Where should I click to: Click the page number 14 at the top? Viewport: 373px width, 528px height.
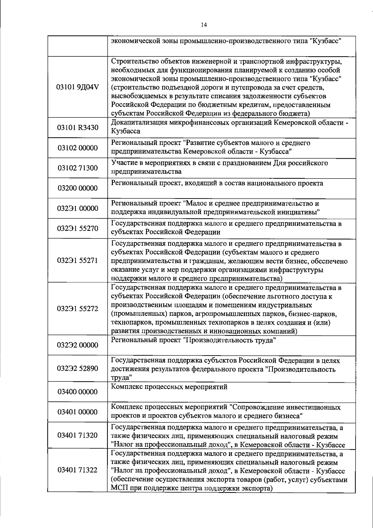coord(204,25)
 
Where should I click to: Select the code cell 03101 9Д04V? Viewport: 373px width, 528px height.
coord(77,87)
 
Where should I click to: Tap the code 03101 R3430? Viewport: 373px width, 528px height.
coord(77,128)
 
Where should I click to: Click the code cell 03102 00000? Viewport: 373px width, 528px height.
coord(77,148)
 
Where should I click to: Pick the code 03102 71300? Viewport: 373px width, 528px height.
coord(77,168)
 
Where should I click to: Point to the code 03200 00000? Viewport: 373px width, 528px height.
coord(77,188)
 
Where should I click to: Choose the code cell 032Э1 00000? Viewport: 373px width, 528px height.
coord(77,208)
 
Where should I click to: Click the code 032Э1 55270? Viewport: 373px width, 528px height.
coord(77,229)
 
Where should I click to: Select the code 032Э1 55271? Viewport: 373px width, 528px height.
coord(77,260)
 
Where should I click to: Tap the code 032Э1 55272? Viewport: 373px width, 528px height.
coord(77,309)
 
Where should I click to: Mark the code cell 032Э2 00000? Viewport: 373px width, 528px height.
coord(77,345)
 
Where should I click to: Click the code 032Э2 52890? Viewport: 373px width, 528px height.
coord(77,369)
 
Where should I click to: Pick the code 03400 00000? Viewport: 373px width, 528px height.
coord(77,392)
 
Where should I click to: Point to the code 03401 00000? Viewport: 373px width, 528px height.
coord(77,412)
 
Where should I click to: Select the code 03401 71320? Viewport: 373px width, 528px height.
coord(77,435)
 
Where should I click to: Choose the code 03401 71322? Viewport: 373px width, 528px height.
coord(77,470)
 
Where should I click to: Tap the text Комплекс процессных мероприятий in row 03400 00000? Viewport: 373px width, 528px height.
coord(169,387)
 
